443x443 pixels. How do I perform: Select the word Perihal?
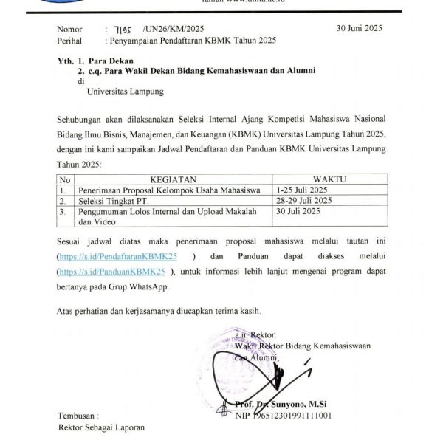click(72, 39)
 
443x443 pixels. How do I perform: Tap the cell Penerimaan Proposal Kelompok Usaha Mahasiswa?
click(168, 190)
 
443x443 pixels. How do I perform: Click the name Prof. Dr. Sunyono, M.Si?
click(281, 403)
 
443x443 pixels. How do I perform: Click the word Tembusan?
click(77, 416)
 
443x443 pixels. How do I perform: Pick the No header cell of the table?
click(65, 179)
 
